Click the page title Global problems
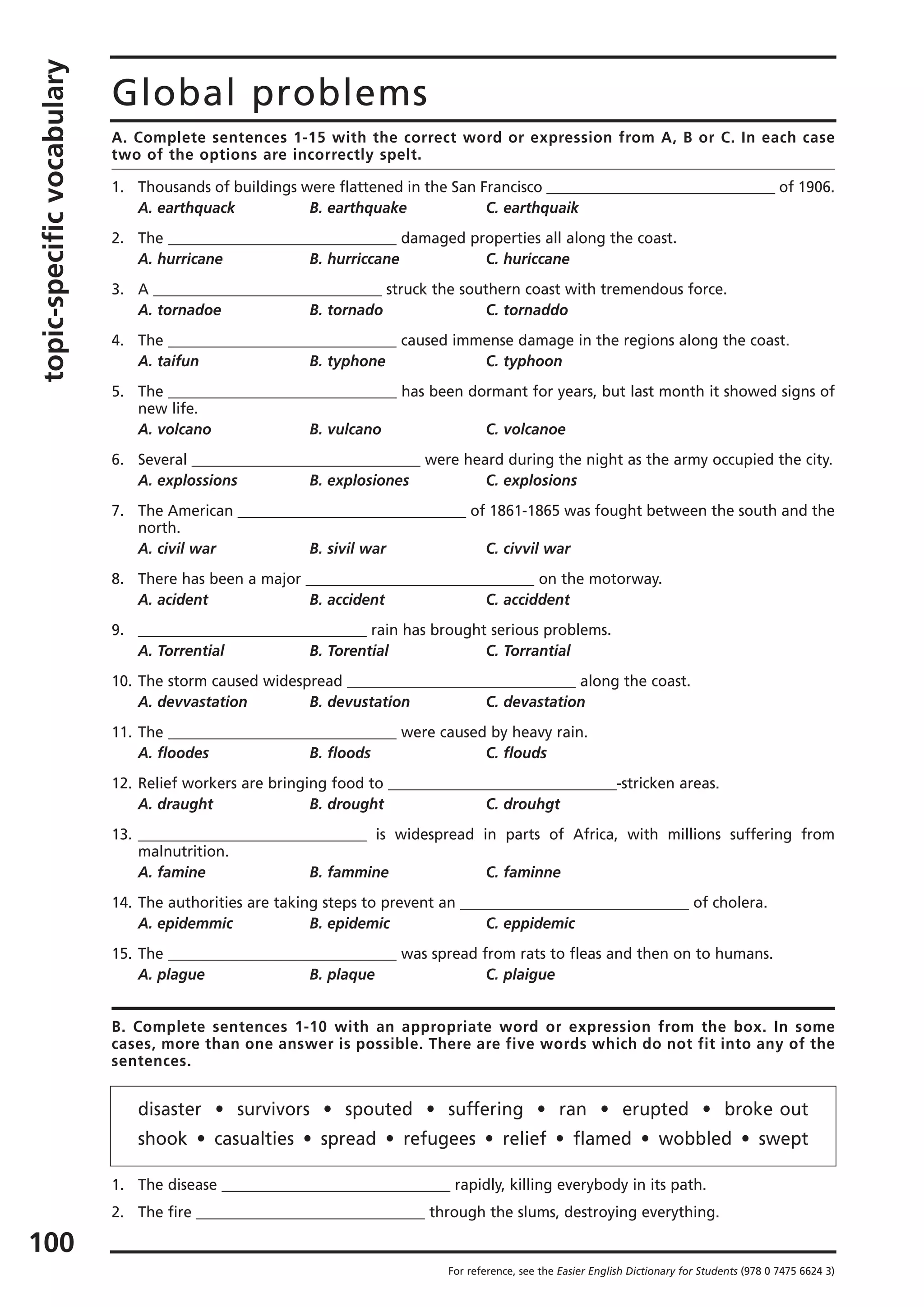click(x=269, y=93)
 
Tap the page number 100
click(x=52, y=1242)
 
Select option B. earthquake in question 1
click(x=358, y=208)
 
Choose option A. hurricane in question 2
click(x=180, y=259)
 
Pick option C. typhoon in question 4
click(x=524, y=361)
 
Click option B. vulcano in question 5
click(x=345, y=429)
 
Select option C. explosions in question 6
click(x=531, y=480)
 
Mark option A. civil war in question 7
click(x=177, y=549)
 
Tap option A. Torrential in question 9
click(x=181, y=651)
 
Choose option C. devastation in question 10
click(x=535, y=702)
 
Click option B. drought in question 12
click(x=346, y=804)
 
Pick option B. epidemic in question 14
click(x=350, y=923)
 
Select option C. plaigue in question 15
click(x=520, y=974)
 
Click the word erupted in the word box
click(x=655, y=1109)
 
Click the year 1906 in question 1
click(x=816, y=187)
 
